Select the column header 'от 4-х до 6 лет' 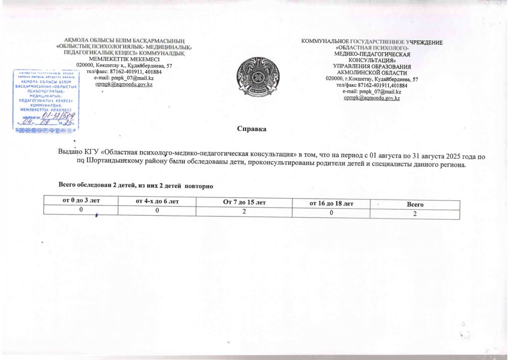[x=157, y=201]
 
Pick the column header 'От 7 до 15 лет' [x=244, y=202]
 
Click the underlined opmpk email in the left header [x=124, y=85]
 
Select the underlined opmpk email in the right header [x=372, y=98]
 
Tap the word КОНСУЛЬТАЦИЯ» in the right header [x=372, y=60]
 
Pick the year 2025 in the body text [x=447, y=156]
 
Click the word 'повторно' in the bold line [x=199, y=186]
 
